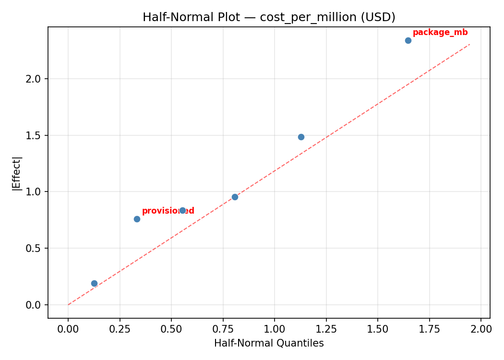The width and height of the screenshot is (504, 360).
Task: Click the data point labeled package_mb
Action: pos(408,40)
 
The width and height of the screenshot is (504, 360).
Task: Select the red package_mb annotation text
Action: pos(440,33)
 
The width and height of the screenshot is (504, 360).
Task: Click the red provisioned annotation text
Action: pos(168,211)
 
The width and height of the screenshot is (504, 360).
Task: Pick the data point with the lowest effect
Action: pos(94,284)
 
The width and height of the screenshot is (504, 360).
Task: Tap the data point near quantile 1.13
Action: pos(301,137)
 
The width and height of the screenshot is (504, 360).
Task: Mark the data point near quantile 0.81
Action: pos(235,197)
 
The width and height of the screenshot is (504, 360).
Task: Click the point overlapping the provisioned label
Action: pos(182,210)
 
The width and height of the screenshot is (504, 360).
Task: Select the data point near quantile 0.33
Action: pos(137,219)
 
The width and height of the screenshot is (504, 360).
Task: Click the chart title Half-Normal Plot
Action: pos(269,17)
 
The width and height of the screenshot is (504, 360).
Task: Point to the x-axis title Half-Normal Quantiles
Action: pos(269,343)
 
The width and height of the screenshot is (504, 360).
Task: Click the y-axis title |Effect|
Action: pos(17,173)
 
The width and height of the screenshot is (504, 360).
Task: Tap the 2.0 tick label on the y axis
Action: pos(34,79)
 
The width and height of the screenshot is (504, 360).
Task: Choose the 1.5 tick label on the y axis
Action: pos(34,135)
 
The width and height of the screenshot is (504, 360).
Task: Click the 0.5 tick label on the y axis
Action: pos(34,248)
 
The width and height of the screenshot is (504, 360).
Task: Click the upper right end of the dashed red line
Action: pos(469,44)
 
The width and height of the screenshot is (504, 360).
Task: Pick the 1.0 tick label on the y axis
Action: pos(34,192)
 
